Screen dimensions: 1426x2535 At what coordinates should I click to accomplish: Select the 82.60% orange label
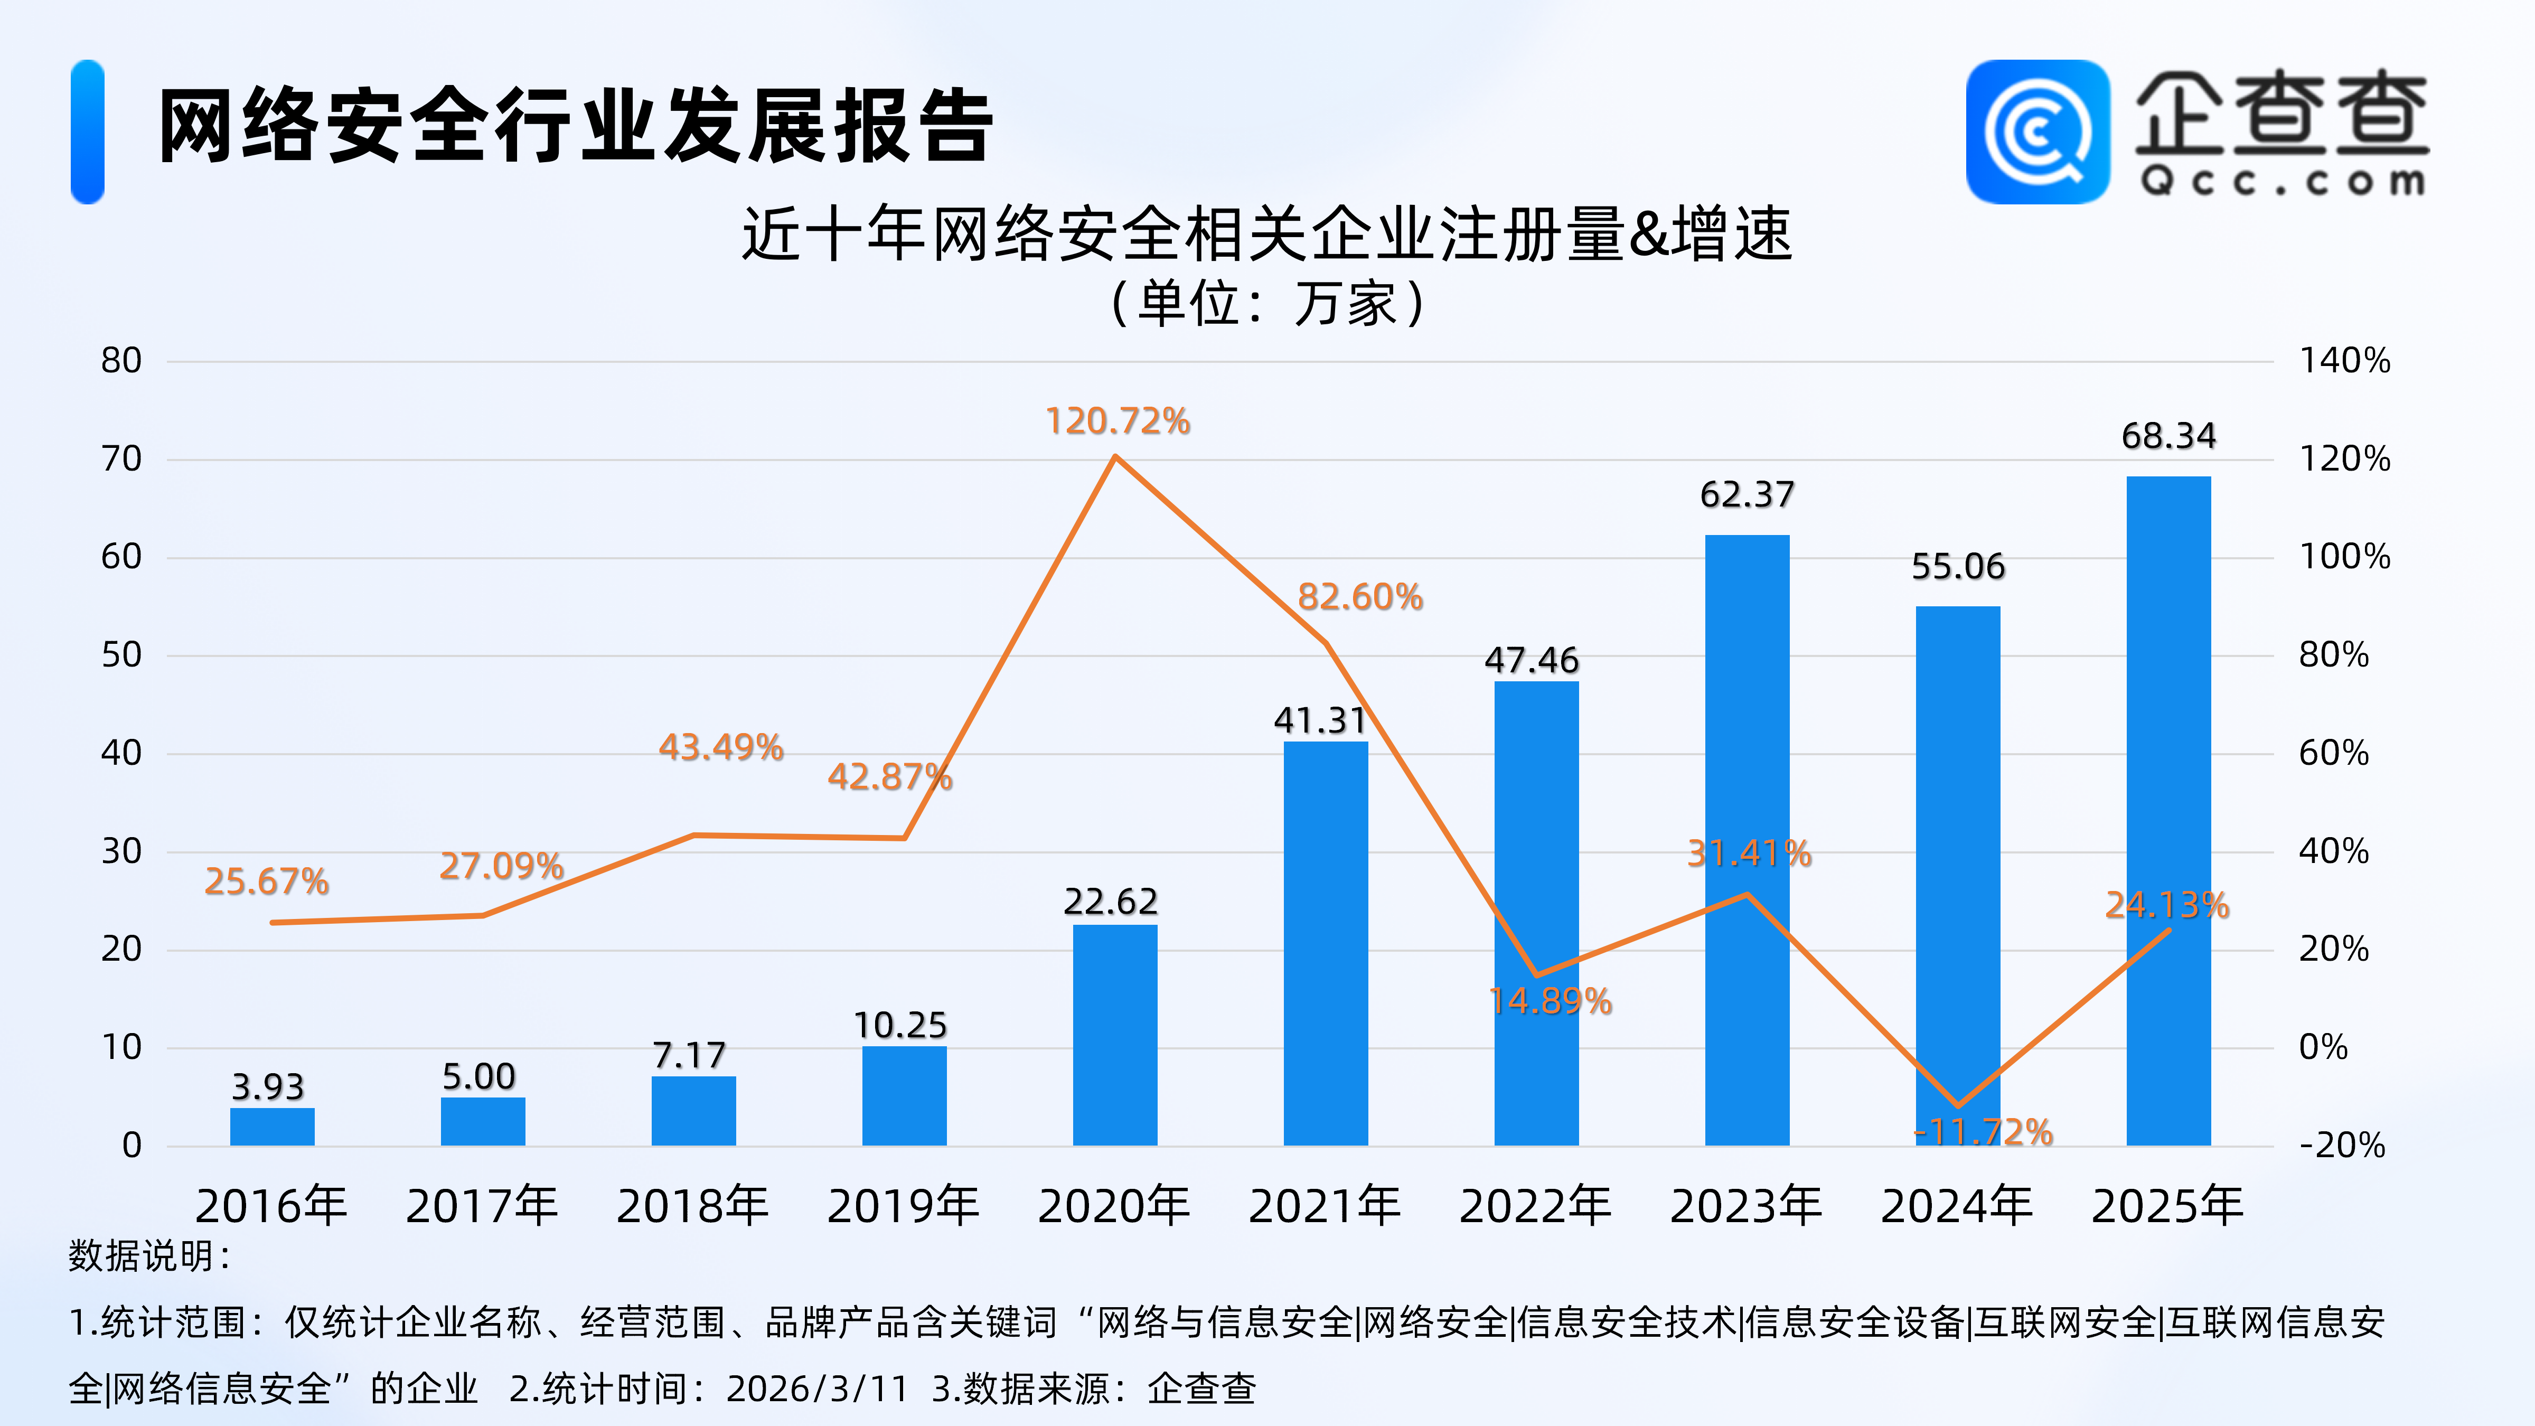(1360, 596)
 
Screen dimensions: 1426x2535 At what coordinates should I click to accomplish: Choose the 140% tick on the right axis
(2344, 360)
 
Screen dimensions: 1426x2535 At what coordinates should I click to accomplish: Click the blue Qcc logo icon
(2037, 132)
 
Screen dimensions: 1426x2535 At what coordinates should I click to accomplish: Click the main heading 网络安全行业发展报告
(576, 126)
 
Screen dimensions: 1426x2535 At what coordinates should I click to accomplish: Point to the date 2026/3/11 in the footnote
(817, 1389)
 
